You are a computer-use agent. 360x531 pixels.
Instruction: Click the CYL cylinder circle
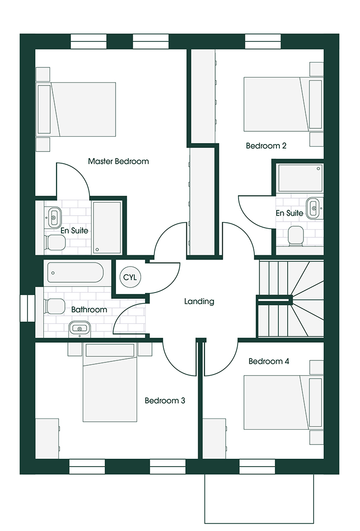(x=130, y=277)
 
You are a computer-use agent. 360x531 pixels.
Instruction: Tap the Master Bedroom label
(x=118, y=161)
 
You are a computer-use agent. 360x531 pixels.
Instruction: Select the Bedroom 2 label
(x=266, y=146)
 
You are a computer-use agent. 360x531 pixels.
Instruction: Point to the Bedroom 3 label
(x=165, y=401)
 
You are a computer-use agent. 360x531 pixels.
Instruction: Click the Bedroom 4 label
(x=269, y=361)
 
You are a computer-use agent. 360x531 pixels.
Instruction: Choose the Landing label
(x=199, y=301)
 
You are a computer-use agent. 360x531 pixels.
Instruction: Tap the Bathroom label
(x=89, y=310)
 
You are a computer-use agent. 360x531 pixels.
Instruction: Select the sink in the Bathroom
(x=79, y=327)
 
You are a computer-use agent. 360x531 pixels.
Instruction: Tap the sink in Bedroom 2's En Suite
(x=312, y=208)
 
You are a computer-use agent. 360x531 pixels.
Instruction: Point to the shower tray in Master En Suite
(x=107, y=227)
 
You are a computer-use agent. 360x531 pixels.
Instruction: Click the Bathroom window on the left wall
(x=28, y=308)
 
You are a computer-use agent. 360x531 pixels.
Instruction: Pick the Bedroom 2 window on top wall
(x=264, y=42)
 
